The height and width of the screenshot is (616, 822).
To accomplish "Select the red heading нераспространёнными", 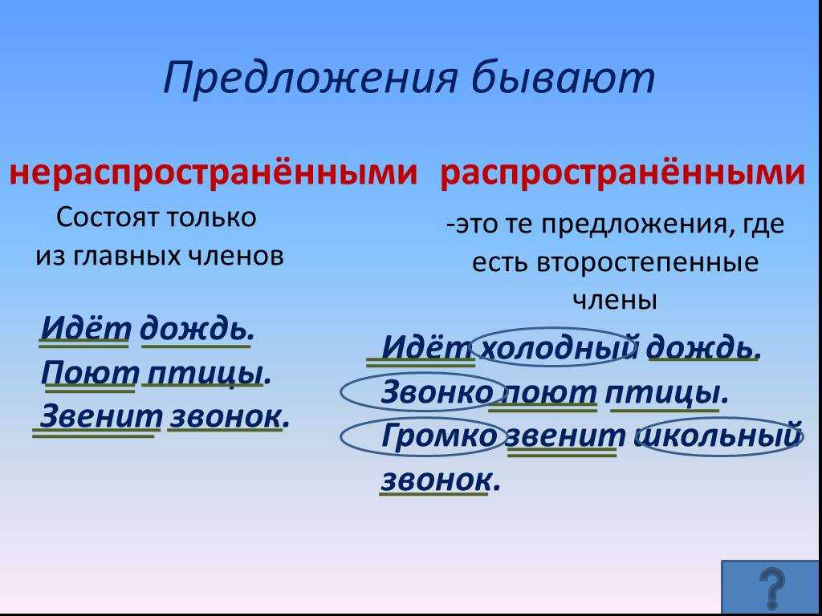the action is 214,172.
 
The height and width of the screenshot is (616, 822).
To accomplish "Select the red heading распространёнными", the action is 623,172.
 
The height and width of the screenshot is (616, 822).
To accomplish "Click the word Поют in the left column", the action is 90,372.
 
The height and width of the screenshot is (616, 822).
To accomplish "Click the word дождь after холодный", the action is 703,347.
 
